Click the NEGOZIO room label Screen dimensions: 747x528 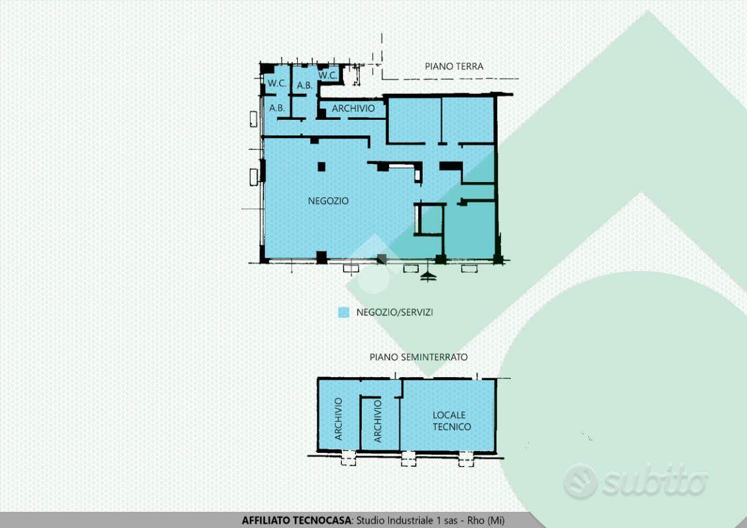[328, 201]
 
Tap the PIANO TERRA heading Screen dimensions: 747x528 [454, 66]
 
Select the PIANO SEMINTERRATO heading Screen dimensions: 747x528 [418, 357]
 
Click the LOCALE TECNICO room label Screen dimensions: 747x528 [451, 420]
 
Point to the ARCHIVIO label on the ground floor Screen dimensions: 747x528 [353, 108]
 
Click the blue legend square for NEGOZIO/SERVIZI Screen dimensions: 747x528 [344, 312]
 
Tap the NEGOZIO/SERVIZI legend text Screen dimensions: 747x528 [394, 312]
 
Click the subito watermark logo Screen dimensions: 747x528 [636, 481]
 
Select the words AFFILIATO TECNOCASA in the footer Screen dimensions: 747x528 [296, 520]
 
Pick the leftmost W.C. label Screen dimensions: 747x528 [277, 83]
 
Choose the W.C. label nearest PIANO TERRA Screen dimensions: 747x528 [328, 75]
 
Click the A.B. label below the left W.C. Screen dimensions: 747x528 [277, 108]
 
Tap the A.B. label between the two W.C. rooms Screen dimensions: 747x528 [305, 86]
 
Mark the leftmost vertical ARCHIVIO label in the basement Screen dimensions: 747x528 [339, 419]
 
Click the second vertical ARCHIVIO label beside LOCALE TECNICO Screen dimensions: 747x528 [378, 420]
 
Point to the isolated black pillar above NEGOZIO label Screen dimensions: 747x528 [322, 166]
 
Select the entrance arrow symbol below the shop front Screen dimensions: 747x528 [429, 276]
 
